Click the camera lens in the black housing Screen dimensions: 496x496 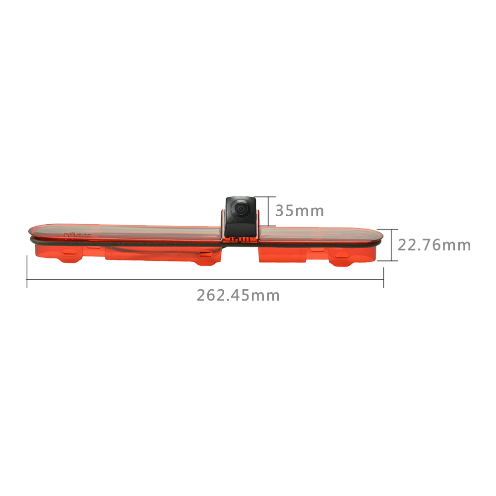[241, 208]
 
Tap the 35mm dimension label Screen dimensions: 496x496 [300, 211]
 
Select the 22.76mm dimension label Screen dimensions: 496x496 [434, 245]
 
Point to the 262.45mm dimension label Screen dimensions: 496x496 [238, 296]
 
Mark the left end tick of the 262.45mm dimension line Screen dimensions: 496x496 [27, 272]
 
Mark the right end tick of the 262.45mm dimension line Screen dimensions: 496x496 [384, 277]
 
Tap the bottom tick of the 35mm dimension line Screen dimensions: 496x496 [268, 226]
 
